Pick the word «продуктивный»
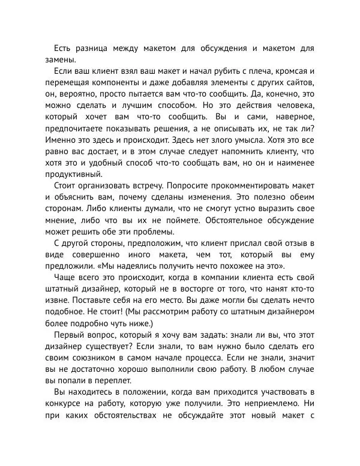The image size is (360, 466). tap(77, 175)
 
